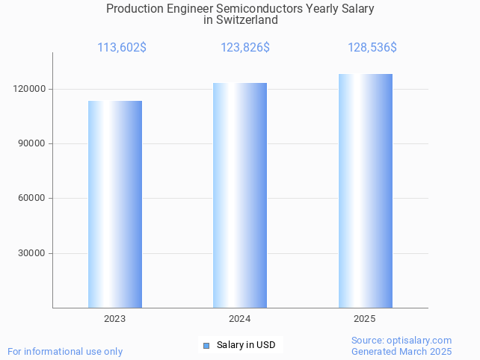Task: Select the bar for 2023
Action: [x=115, y=204]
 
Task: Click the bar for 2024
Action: [x=240, y=195]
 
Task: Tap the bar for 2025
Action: [x=365, y=190]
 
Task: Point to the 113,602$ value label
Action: [x=122, y=48]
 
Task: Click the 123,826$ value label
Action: [x=245, y=48]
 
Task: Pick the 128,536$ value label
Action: [x=372, y=48]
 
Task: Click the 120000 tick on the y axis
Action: [x=31, y=89]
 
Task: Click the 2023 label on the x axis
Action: [x=115, y=319]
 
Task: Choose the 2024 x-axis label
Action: [x=240, y=319]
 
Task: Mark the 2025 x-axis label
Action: [x=365, y=319]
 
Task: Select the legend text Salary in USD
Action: [x=246, y=345]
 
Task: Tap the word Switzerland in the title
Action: [x=247, y=20]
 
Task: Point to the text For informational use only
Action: [x=65, y=351]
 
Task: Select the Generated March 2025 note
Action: [x=401, y=351]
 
